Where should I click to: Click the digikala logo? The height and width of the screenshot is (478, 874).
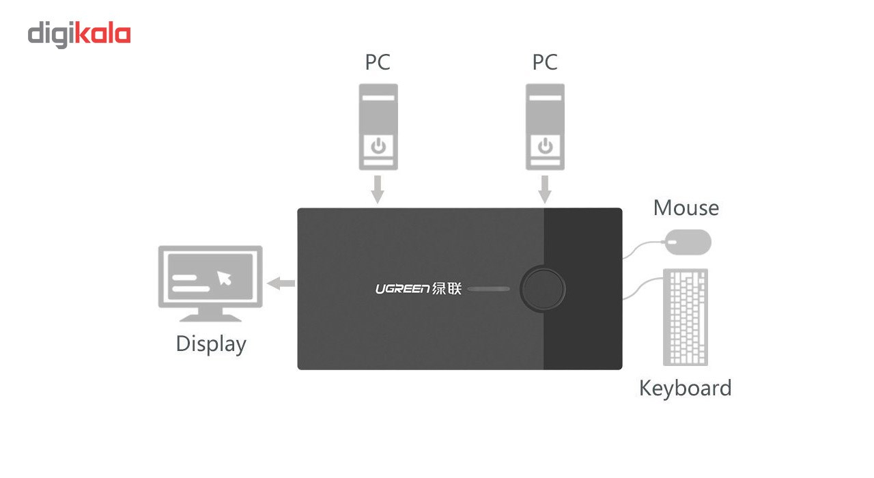click(x=79, y=35)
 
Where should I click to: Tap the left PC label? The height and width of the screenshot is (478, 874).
click(x=378, y=62)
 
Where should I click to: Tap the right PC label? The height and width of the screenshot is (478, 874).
click(x=545, y=62)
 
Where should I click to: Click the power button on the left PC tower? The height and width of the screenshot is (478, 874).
click(x=379, y=145)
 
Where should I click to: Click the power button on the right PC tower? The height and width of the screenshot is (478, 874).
click(x=545, y=145)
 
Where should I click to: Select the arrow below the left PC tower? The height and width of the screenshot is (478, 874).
click(x=378, y=189)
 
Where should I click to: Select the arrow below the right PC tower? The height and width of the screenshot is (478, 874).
click(x=545, y=189)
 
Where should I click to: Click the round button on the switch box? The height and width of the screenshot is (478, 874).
click(x=543, y=289)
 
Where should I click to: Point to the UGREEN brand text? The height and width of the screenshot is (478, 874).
click(x=402, y=289)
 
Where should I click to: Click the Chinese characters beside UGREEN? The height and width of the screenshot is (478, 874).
click(x=448, y=289)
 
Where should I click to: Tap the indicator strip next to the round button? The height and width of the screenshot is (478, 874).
click(x=489, y=289)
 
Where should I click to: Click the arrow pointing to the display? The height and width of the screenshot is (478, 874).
click(x=281, y=283)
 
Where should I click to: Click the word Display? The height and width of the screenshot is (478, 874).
click(x=210, y=343)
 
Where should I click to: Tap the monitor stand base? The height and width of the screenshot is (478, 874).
click(x=210, y=318)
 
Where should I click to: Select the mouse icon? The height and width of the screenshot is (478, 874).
click(x=688, y=242)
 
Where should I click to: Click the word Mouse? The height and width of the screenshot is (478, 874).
click(x=686, y=208)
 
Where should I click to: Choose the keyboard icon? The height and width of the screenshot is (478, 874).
click(x=686, y=317)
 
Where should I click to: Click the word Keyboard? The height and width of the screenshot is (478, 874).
click(x=685, y=388)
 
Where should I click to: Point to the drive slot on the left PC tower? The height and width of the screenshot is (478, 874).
click(x=379, y=98)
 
